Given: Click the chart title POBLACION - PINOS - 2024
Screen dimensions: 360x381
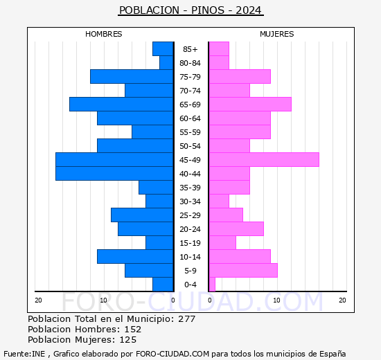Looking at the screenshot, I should pyautogui.click(x=190, y=10).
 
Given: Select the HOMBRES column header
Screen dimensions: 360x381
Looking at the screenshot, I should pyautogui.click(x=103, y=34).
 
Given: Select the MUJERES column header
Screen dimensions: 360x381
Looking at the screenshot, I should pyautogui.click(x=276, y=34).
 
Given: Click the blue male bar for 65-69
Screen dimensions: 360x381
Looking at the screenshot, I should pyautogui.click(x=121, y=104).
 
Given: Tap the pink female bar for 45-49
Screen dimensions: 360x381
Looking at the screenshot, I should pyautogui.click(x=264, y=159).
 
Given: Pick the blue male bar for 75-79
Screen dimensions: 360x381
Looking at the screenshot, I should pyautogui.click(x=132, y=76).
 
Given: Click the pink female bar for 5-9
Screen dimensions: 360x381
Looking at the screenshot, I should pyautogui.click(x=243, y=270).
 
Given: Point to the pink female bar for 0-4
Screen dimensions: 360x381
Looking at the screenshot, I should pyautogui.click(x=212, y=284).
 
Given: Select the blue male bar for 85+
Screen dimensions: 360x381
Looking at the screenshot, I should pyautogui.click(x=163, y=48).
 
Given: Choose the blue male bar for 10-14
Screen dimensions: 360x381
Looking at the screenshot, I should pyautogui.click(x=135, y=256).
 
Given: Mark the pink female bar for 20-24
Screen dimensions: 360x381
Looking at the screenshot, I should pyautogui.click(x=236, y=228).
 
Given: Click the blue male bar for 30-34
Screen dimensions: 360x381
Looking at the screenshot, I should pyautogui.click(x=159, y=201).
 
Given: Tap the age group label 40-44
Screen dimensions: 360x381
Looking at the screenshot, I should pyautogui.click(x=190, y=174).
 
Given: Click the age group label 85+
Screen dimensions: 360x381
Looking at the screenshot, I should pyautogui.click(x=190, y=49).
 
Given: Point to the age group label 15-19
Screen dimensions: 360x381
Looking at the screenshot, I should pyautogui.click(x=190, y=243).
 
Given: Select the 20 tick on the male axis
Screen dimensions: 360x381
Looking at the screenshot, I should pyautogui.click(x=39, y=300).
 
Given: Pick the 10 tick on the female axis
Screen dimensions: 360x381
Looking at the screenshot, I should pyautogui.click(x=276, y=300).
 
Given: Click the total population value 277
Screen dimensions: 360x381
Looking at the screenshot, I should pyautogui.click(x=186, y=319).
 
